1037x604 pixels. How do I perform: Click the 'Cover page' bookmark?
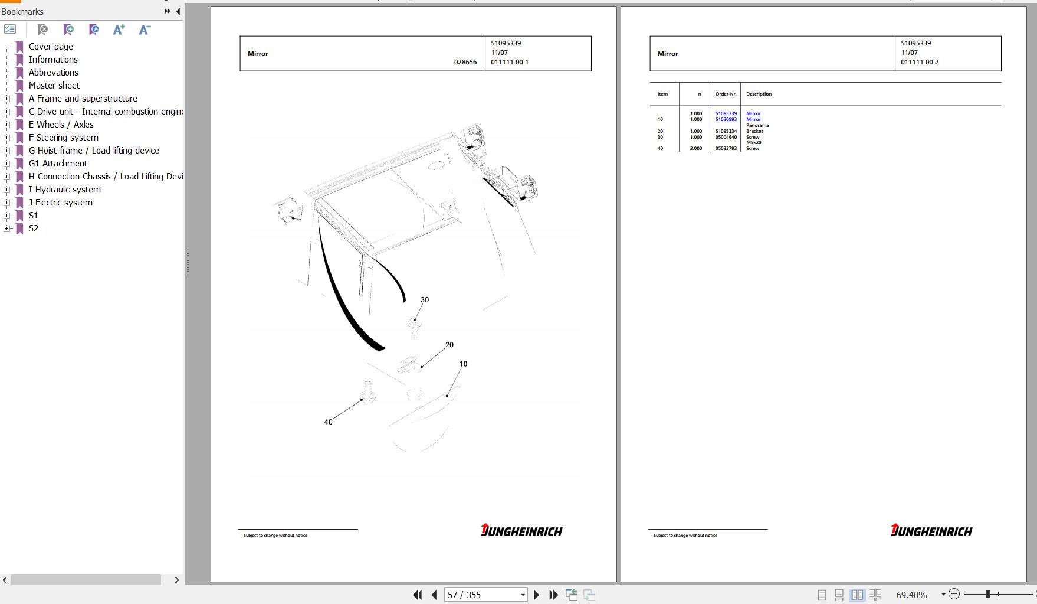[51, 47]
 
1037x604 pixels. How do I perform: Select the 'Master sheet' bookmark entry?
[54, 86]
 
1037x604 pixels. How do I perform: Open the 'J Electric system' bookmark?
[61, 203]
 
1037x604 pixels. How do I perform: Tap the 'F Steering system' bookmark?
[64, 138]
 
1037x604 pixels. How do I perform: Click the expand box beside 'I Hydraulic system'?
[6, 190]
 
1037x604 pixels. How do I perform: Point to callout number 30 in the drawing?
[425, 300]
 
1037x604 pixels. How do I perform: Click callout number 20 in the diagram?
[449, 345]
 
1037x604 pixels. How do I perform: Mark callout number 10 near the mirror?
[463, 364]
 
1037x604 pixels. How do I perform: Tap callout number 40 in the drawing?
[328, 422]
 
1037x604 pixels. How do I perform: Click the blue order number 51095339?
[726, 113]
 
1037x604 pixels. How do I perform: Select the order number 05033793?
[726, 148]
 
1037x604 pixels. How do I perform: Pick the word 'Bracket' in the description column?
[754, 131]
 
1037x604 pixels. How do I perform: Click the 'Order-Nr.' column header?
[726, 94]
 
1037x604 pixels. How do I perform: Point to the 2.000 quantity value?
[696, 148]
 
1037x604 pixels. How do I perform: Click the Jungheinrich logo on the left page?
[521, 530]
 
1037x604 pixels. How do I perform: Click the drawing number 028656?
[465, 62]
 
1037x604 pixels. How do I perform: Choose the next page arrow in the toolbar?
[536, 595]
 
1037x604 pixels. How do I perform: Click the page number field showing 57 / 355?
[485, 595]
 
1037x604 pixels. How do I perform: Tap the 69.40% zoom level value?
[911, 595]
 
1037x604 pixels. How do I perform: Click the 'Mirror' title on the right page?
[668, 54]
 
